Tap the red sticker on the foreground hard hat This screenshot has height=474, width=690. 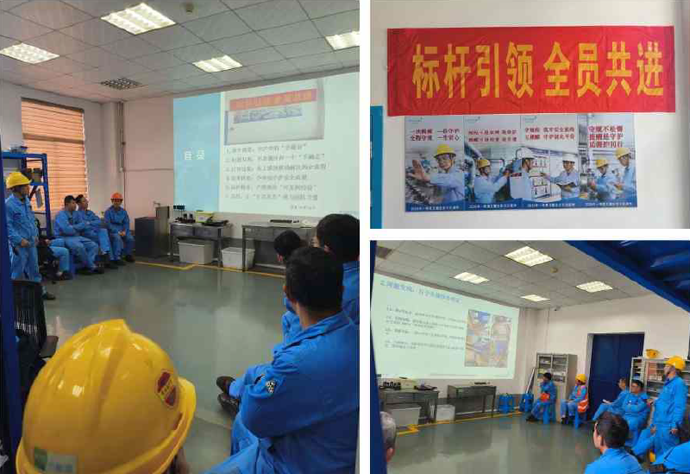(166, 388)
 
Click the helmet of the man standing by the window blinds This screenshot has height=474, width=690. (17, 180)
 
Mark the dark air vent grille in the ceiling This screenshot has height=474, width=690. (122, 83)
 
